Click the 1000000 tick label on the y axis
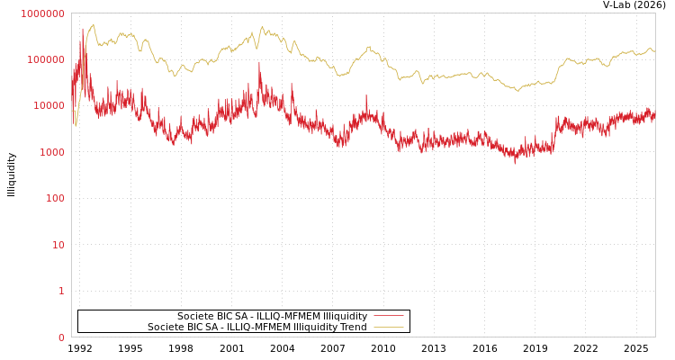(x=43, y=13)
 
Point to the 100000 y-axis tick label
(x=46, y=59)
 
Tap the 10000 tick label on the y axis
(x=49, y=105)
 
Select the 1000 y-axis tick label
(x=51, y=152)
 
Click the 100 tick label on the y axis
(x=55, y=198)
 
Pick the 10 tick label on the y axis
(x=58, y=245)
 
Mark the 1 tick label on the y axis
(x=61, y=291)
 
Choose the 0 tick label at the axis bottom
(x=61, y=337)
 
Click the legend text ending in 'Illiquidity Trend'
(x=256, y=328)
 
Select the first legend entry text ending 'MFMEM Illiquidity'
(x=272, y=317)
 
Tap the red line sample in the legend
(x=388, y=317)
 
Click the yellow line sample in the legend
(x=388, y=328)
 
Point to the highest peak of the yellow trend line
(x=93, y=24)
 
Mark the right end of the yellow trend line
(x=654, y=51)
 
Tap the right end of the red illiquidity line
(x=654, y=115)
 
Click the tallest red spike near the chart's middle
(x=259, y=62)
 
